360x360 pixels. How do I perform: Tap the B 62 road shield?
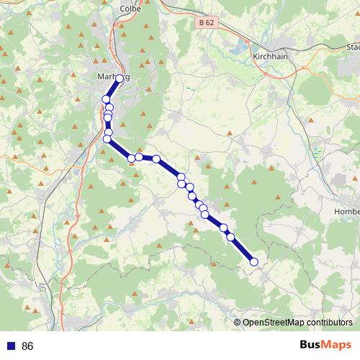point(206,23)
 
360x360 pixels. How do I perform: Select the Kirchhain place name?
point(271,55)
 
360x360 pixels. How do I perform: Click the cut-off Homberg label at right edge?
point(347,211)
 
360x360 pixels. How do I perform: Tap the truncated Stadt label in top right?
point(352,47)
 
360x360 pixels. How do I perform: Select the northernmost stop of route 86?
point(120,80)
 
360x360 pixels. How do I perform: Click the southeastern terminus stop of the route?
point(253,262)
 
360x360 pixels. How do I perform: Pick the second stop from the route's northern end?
point(107,99)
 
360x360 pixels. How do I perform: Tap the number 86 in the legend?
point(28,346)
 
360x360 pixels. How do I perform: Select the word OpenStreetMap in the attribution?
point(273,323)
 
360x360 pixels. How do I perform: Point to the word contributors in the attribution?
point(328,323)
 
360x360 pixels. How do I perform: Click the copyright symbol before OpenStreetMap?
point(237,323)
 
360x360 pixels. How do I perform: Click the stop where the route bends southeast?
point(107,139)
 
